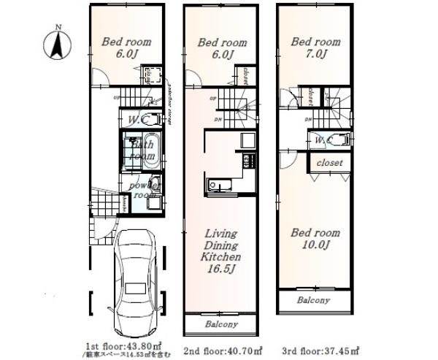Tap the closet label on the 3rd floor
coord(329,163)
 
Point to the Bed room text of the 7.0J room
coord(315,42)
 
